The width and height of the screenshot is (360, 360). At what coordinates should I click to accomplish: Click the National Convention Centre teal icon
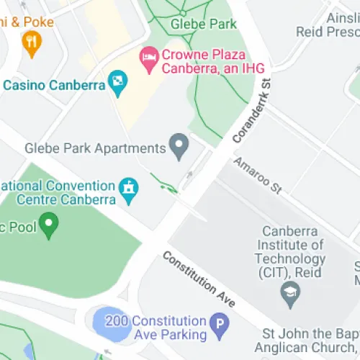(x=129, y=189)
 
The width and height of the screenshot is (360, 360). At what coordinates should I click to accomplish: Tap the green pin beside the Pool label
(x=48, y=225)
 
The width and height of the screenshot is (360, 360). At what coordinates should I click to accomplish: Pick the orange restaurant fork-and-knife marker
(x=31, y=45)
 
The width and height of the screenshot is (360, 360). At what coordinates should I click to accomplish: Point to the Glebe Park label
(x=204, y=24)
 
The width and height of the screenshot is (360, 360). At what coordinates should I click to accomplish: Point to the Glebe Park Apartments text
(x=95, y=148)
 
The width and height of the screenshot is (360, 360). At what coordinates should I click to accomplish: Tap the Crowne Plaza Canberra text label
(x=203, y=62)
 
